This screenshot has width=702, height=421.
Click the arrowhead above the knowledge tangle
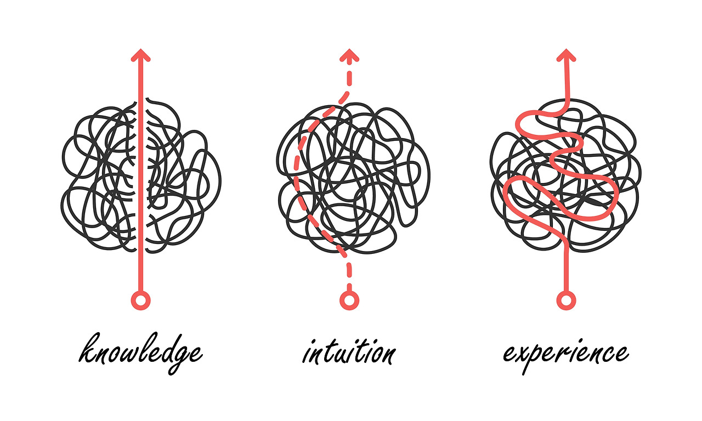click(141, 55)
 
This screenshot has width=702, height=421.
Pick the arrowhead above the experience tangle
click(566, 55)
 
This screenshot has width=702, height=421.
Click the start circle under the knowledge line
click(141, 300)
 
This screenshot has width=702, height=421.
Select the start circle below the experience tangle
click(566, 300)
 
